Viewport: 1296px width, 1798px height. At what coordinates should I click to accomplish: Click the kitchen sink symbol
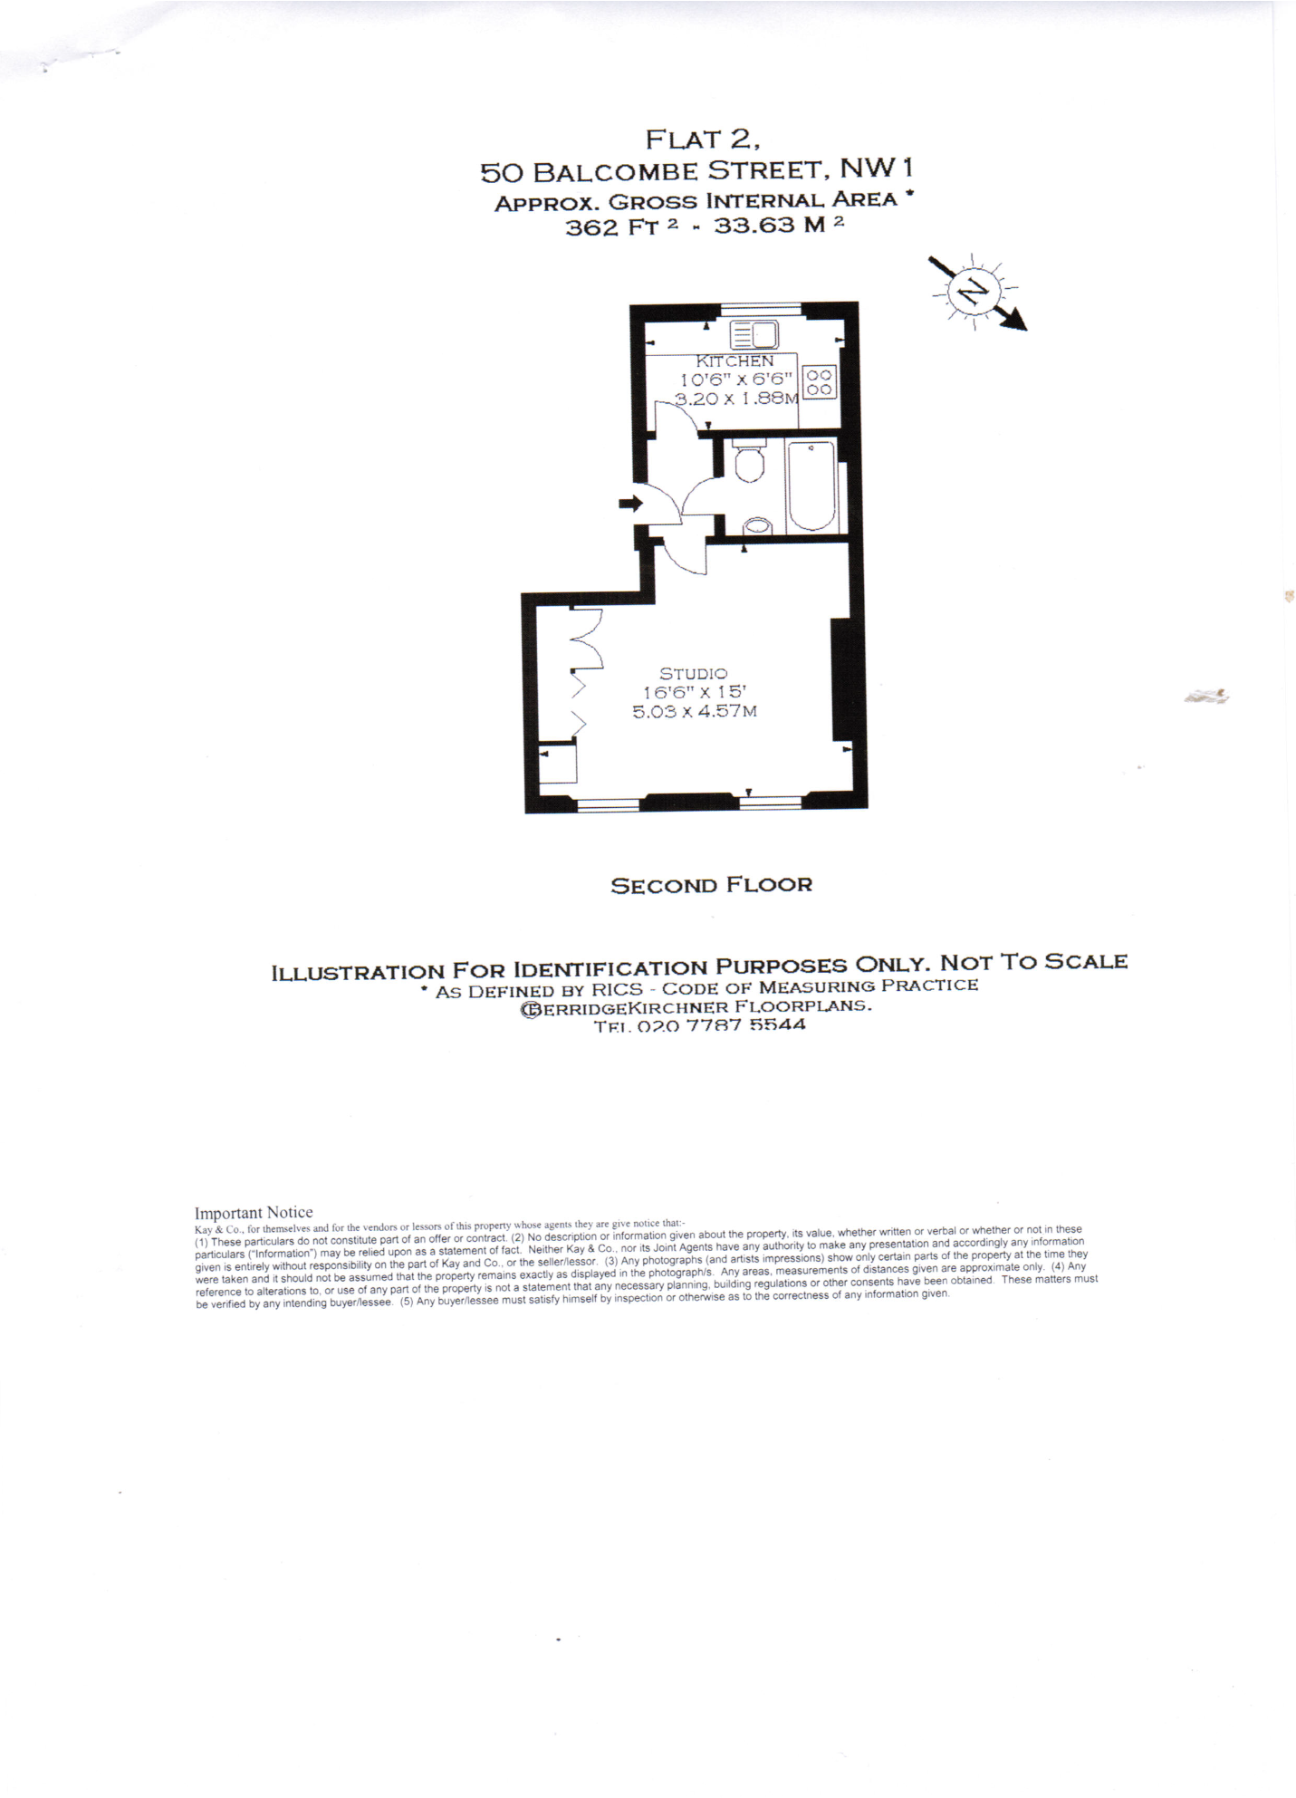754,335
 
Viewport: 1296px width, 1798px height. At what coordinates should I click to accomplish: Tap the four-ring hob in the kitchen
820,382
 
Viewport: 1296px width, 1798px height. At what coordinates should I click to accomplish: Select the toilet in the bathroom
749,462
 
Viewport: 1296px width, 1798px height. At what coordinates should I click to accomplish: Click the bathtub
811,486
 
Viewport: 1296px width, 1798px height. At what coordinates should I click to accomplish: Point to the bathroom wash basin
757,526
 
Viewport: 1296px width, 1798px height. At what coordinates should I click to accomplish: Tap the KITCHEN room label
734,361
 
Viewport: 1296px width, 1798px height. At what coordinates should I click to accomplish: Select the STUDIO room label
693,673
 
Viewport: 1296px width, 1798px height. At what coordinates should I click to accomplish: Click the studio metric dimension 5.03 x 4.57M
694,711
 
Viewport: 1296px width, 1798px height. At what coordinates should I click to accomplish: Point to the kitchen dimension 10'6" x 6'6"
735,380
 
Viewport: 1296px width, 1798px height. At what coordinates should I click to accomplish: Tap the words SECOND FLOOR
711,885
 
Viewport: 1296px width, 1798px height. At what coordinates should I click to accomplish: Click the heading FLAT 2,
702,139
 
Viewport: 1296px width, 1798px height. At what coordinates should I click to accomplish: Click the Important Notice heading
254,1212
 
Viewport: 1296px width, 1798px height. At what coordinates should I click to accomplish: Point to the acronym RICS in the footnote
618,990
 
